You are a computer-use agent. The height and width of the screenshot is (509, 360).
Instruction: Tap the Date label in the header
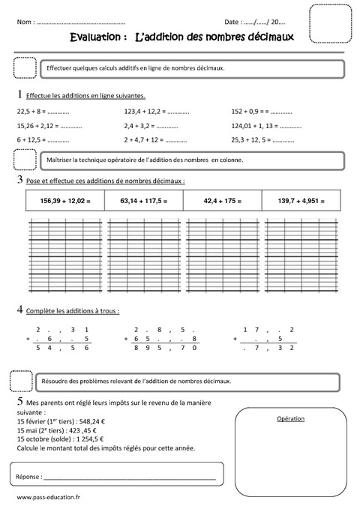232,22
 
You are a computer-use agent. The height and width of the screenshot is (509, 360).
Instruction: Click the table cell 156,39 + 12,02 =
64,200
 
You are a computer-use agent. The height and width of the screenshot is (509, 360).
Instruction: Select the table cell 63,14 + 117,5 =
144,200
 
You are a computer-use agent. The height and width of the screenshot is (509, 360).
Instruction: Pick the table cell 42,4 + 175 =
223,200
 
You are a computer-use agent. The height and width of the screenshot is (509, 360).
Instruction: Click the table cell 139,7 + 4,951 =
301,200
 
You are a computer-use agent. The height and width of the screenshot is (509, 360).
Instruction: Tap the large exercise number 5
18,403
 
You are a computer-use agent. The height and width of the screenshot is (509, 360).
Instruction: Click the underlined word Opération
289,418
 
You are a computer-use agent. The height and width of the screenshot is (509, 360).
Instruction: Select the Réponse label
28,476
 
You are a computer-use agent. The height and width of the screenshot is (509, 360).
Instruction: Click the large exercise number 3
18,181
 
